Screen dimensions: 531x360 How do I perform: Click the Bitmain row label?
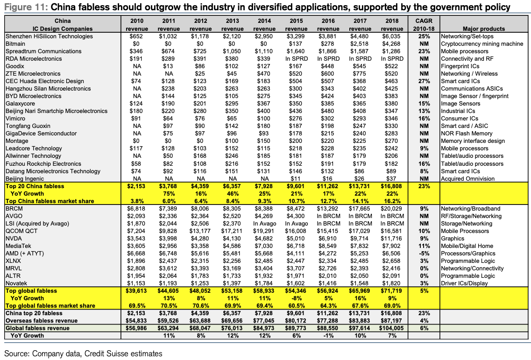click(15, 44)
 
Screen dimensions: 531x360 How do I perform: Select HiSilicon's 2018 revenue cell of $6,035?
click(392, 36)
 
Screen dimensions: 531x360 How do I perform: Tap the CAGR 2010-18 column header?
click(424, 25)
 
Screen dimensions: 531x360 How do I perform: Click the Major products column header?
click(483, 29)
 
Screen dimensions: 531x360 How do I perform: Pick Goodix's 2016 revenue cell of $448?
click(328, 66)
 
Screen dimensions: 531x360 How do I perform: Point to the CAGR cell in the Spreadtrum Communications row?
click(424, 51)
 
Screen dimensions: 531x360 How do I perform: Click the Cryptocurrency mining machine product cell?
click(482, 44)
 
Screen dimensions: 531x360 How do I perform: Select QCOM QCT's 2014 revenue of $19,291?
click(264, 231)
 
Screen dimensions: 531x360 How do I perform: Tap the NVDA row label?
click(14, 239)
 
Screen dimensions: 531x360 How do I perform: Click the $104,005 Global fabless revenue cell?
click(392, 328)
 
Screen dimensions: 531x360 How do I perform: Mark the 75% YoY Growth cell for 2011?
click(169, 194)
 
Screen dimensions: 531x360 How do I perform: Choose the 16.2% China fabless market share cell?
click(392, 201)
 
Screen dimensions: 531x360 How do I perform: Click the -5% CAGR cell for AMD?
click(424, 254)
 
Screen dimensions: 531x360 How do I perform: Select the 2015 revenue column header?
click(296, 25)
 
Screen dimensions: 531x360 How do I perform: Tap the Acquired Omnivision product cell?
click(467, 178)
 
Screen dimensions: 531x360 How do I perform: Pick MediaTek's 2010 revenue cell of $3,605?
click(136, 246)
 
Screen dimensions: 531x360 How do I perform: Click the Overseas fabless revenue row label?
click(41, 321)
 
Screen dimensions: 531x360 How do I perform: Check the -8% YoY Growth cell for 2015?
click(296, 298)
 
